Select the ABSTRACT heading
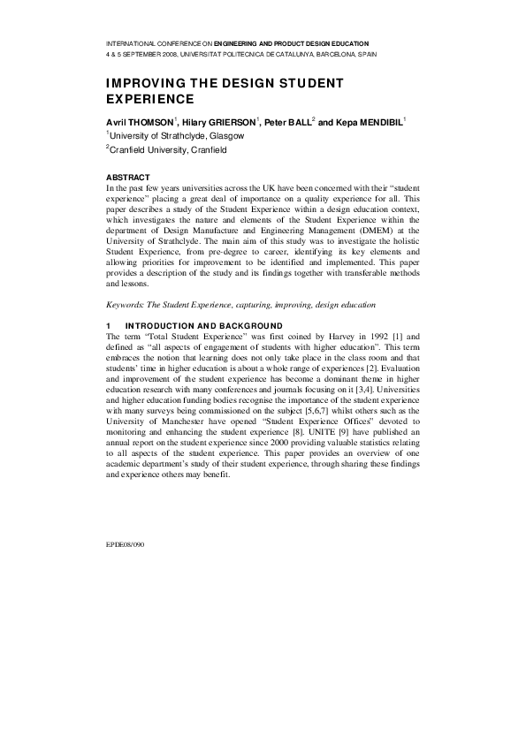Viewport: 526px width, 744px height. click(x=129, y=178)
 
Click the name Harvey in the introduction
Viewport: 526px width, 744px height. click(x=316, y=337)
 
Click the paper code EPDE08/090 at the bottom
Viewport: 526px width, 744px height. click(x=125, y=545)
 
